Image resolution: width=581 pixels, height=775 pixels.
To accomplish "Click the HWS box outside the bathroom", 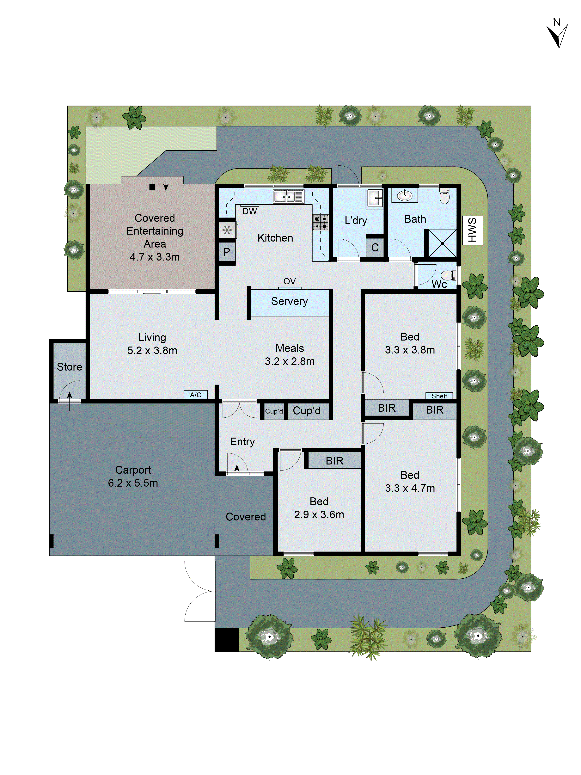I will tap(472, 230).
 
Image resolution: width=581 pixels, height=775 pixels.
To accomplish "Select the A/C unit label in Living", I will tap(195, 395).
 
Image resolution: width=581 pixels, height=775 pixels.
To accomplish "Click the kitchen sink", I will tap(288, 197).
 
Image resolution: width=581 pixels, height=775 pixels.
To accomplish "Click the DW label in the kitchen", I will tap(250, 211).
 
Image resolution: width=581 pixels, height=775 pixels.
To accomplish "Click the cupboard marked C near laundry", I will tap(375, 247).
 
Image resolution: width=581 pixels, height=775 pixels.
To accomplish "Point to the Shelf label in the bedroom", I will tap(439, 396).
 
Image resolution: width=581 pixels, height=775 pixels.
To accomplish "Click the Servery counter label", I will tap(289, 301).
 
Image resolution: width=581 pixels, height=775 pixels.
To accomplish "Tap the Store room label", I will tap(69, 367).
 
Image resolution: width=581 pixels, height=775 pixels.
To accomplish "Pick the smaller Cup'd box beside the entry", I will tap(273, 411).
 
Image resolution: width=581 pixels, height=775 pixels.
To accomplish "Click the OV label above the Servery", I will tap(289, 281).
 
